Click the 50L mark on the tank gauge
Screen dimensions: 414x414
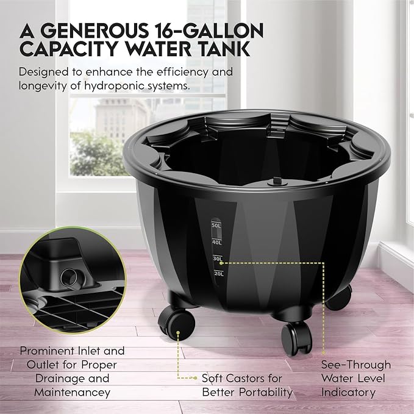click(x=216, y=225)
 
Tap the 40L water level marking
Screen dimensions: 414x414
click(x=217, y=242)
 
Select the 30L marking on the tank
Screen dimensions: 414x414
click(x=218, y=259)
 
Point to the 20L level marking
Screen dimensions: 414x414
click(x=219, y=274)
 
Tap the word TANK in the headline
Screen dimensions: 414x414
click(x=224, y=48)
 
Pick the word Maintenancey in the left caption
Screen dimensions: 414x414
click(x=72, y=392)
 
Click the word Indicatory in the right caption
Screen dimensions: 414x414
click(x=348, y=392)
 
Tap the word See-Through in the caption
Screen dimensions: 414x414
click(x=356, y=365)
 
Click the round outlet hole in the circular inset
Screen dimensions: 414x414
click(x=69, y=277)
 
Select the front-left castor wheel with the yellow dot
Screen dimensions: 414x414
click(x=176, y=323)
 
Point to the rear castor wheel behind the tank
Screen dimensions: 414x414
click(x=339, y=297)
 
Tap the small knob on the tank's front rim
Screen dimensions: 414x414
click(x=277, y=182)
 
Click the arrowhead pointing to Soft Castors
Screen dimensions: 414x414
click(x=195, y=378)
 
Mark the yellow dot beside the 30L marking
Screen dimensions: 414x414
click(x=221, y=263)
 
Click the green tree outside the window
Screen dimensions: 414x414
click(x=96, y=153)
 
